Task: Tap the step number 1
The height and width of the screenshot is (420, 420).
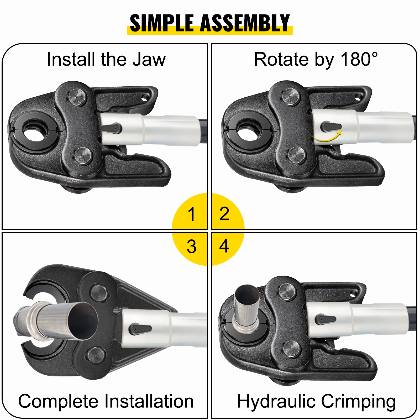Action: pyautogui.click(x=191, y=214)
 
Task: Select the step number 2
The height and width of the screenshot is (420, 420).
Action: pyautogui.click(x=224, y=214)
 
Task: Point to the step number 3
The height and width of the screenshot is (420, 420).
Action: pyautogui.click(x=192, y=246)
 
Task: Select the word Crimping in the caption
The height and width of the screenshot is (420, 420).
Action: pyautogui.click(x=358, y=402)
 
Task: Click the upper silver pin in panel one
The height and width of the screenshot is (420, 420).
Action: pyautogui.click(x=77, y=97)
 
